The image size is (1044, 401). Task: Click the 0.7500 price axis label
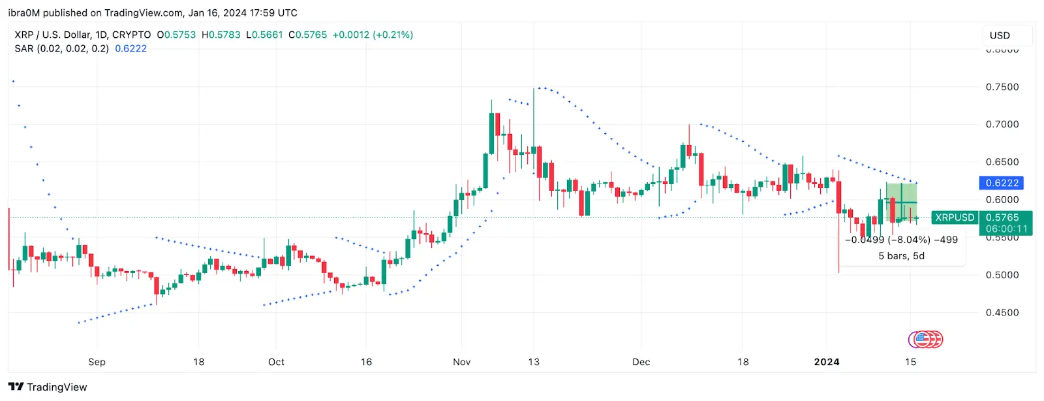click(1002, 87)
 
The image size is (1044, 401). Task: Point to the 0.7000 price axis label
click(1002, 124)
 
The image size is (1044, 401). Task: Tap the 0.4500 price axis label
click(1002, 313)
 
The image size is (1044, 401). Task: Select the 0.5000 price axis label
click(1002, 275)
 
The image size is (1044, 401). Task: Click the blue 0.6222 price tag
click(1002, 183)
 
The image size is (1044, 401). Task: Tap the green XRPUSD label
click(954, 217)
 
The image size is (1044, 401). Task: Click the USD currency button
click(1000, 35)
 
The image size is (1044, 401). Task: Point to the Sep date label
click(97, 362)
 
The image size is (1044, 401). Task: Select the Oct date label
click(276, 362)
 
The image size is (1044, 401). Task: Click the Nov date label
click(461, 362)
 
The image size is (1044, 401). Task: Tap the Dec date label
click(641, 362)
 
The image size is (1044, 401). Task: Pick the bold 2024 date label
click(827, 362)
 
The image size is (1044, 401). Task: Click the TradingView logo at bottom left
click(48, 387)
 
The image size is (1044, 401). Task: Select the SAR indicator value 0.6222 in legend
click(130, 48)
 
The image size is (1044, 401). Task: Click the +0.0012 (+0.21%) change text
click(373, 35)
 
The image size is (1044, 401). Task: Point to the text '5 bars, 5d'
click(901, 256)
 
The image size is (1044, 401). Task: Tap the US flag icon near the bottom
click(921, 339)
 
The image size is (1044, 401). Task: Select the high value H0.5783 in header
click(221, 35)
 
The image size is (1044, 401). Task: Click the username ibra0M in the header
click(23, 12)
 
